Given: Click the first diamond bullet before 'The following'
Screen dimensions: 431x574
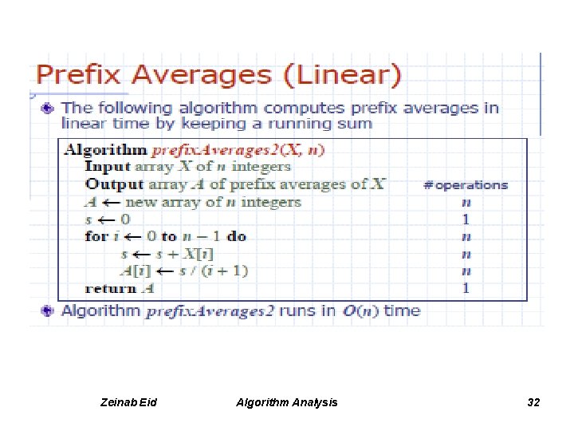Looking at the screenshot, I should pyautogui.click(x=49, y=107).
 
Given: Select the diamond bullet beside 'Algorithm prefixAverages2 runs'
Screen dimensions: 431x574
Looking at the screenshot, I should pyautogui.click(x=49, y=311).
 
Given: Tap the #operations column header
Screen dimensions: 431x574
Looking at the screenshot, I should pyautogui.click(x=465, y=184).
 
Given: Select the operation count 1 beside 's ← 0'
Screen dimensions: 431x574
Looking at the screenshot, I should pyautogui.click(x=466, y=219).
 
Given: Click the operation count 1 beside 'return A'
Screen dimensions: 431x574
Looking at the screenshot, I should pyautogui.click(x=466, y=288).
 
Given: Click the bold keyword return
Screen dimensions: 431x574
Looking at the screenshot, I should pyautogui.click(x=111, y=288).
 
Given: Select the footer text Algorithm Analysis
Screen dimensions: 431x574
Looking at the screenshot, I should pyautogui.click(x=287, y=402).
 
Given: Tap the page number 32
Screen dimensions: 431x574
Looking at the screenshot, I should pyautogui.click(x=533, y=402).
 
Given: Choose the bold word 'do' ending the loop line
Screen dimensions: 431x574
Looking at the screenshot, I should pyautogui.click(x=237, y=236).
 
